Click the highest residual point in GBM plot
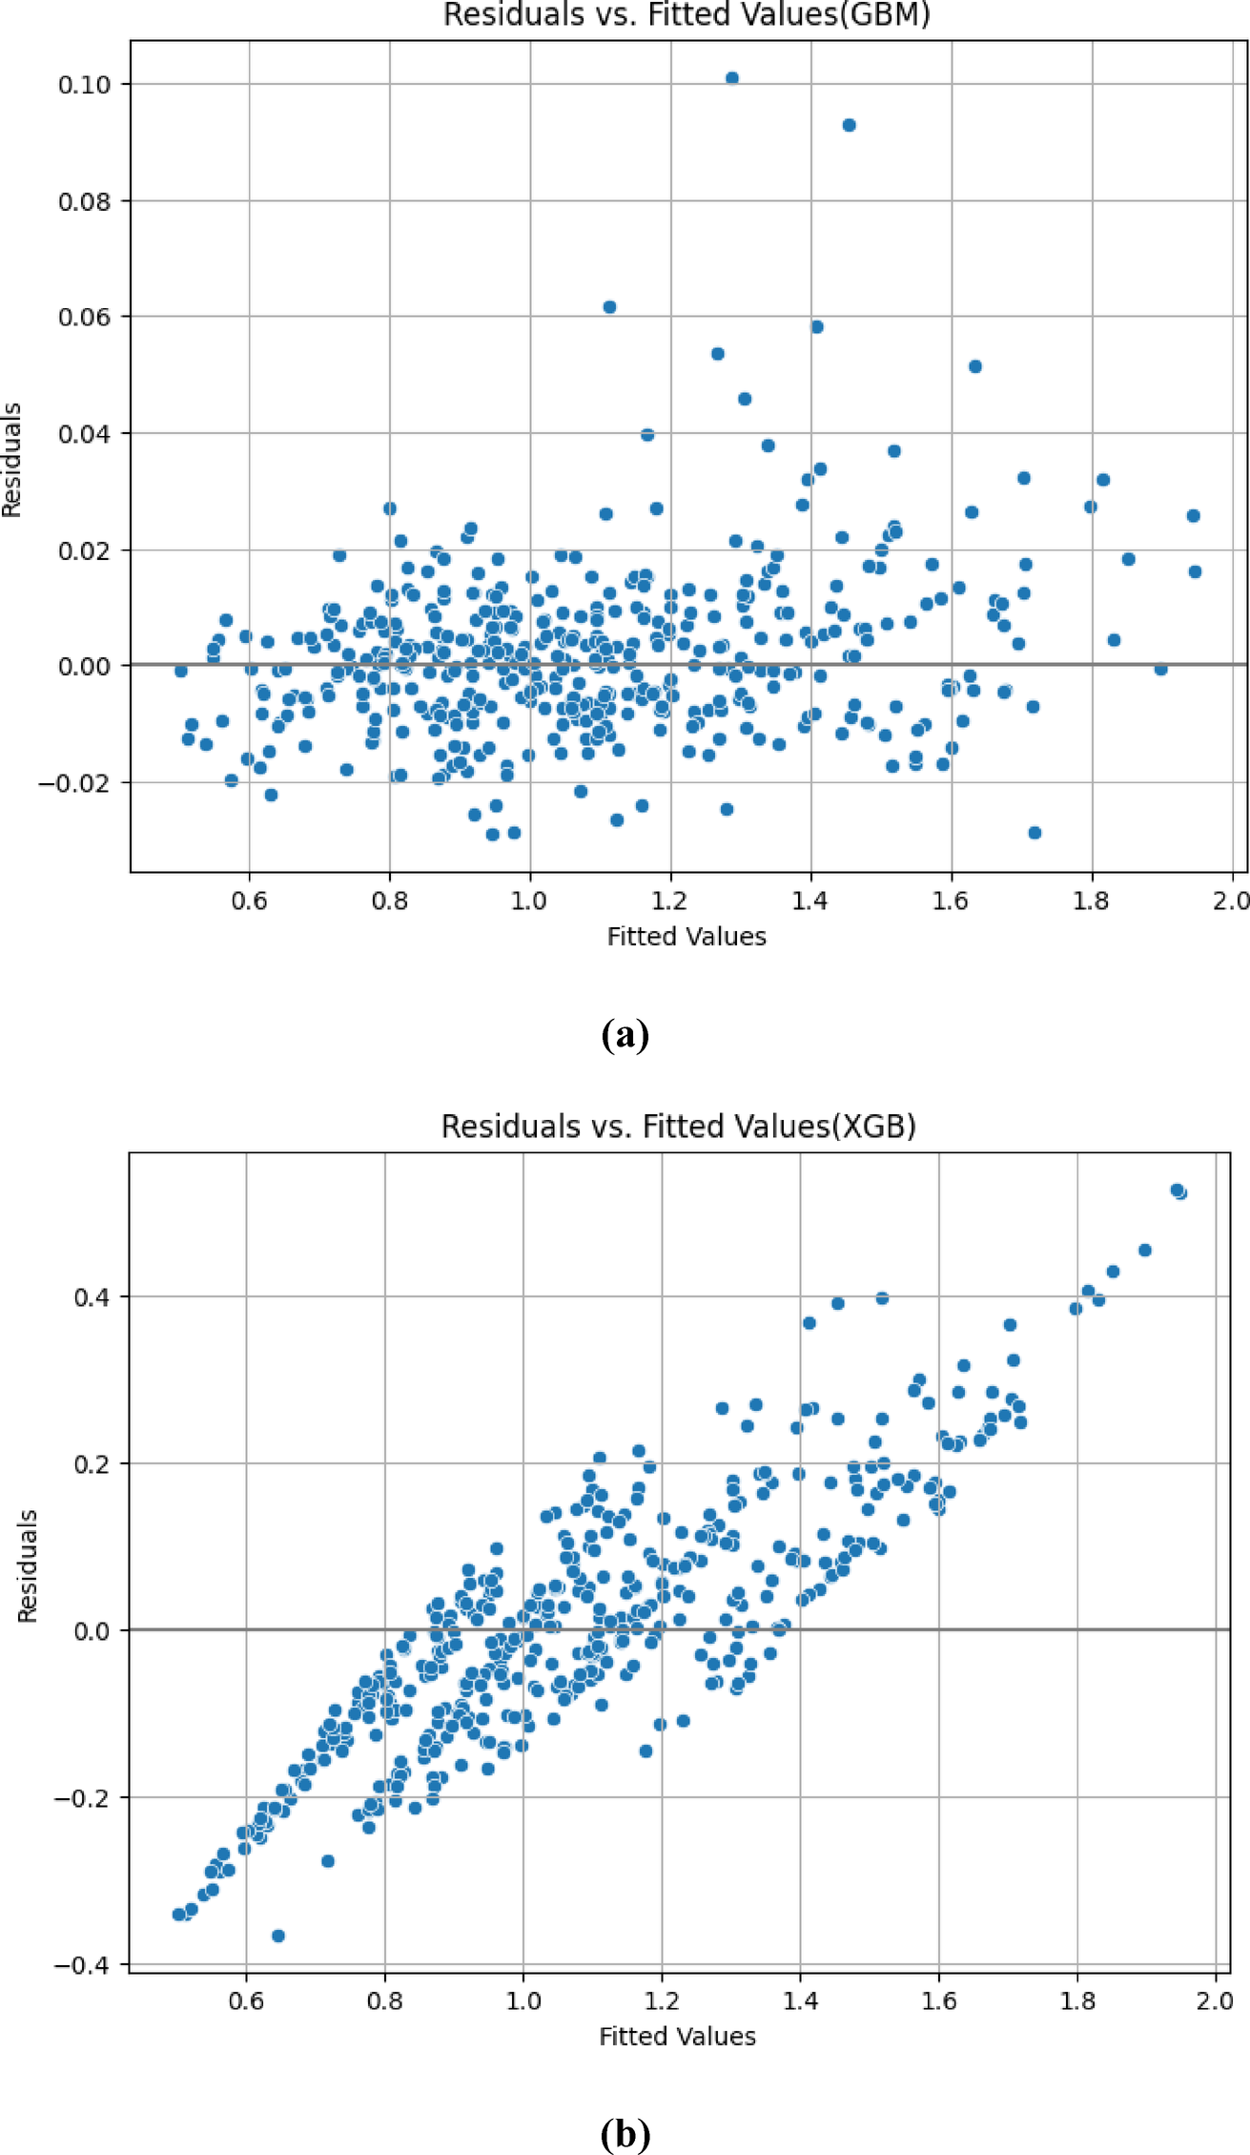tap(731, 78)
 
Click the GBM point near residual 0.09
tap(849, 125)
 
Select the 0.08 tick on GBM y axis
tap(84, 201)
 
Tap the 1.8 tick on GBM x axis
tap(1091, 901)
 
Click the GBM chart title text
tap(686, 15)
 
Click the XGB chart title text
tap(678, 1127)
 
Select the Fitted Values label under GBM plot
tap(686, 937)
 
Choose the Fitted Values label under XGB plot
tap(677, 2037)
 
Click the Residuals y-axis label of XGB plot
tap(28, 1565)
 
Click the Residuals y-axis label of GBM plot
tap(11, 460)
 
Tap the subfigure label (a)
tap(625, 1034)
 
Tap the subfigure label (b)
tap(625, 2133)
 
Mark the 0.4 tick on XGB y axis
tap(92, 1297)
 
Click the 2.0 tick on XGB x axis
tap(1215, 2000)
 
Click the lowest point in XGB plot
tap(278, 1936)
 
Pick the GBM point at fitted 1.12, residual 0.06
tap(609, 307)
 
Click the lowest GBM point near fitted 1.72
tap(1035, 833)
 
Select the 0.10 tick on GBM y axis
tap(84, 85)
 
